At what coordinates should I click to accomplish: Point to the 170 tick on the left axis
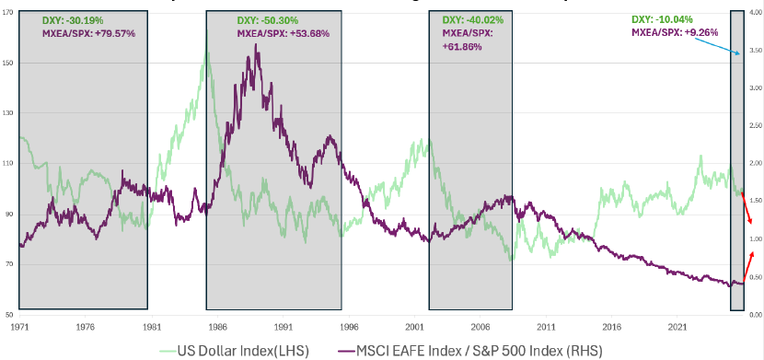(x=8, y=13)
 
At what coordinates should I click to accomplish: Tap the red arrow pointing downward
(x=748, y=210)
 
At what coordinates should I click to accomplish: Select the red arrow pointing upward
(x=748, y=267)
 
